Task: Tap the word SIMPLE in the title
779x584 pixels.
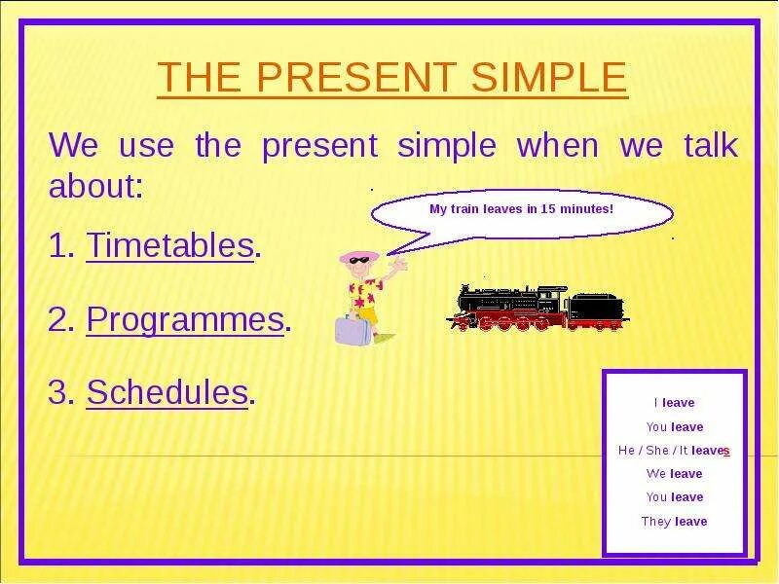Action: tap(549, 77)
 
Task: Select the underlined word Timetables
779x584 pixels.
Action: tap(169, 245)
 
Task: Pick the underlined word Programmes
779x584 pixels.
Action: tap(185, 320)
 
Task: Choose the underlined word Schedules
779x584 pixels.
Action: tap(167, 392)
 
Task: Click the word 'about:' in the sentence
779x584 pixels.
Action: tap(95, 186)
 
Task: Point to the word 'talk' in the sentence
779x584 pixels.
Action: tap(711, 144)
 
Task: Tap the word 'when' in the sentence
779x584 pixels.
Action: tap(557, 144)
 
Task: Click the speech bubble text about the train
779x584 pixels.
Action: tap(521, 209)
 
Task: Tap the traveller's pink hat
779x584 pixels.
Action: tap(359, 257)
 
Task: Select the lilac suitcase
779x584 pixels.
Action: tap(352, 330)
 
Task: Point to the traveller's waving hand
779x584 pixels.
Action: tap(399, 265)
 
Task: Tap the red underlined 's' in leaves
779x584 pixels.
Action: tap(726, 451)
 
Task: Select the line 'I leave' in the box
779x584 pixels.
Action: tap(674, 403)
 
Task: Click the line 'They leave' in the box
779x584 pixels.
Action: tap(674, 522)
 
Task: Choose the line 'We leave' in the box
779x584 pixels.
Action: tap(674, 474)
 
